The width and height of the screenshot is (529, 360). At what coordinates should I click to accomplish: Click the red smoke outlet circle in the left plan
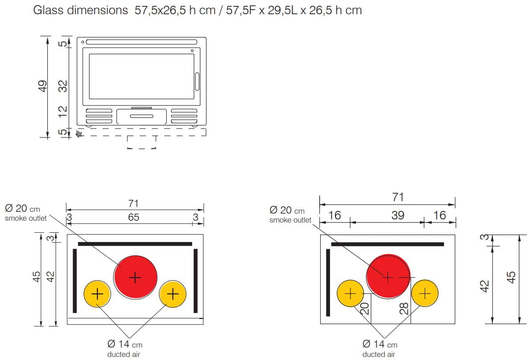135,277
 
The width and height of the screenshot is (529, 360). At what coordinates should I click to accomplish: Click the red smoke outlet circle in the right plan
388,276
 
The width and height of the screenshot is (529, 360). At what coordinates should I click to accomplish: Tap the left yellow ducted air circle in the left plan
97,294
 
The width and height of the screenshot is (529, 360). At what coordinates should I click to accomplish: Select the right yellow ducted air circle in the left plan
172,294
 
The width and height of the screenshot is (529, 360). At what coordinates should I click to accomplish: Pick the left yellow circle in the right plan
350,293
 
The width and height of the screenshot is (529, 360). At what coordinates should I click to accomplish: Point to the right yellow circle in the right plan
425,293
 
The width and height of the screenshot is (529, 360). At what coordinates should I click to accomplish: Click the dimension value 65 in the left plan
134,217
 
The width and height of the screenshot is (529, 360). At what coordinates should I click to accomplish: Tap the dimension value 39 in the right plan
398,215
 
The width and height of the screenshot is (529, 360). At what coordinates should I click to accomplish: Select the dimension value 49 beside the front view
43,86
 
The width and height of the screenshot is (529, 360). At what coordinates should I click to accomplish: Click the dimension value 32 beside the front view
63,86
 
